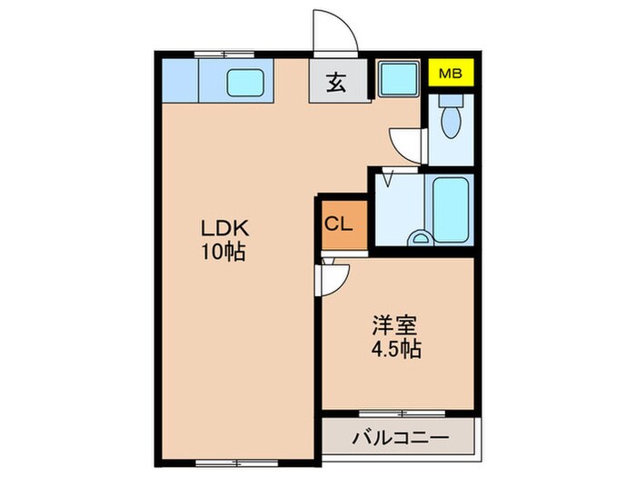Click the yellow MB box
pyautogui.click(x=451, y=74)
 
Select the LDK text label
pyautogui.click(x=221, y=228)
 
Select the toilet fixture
pyautogui.click(x=450, y=115)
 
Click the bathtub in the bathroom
pyautogui.click(x=451, y=209)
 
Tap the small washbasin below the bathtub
pyautogui.click(x=422, y=239)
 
